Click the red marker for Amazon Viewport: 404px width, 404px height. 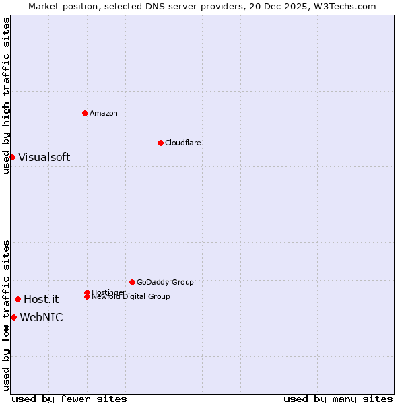[x=85, y=113]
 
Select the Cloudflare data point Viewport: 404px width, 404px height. [x=160, y=143]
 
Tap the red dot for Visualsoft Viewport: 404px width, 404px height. [x=12, y=157]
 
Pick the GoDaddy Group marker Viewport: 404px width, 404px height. [x=132, y=282]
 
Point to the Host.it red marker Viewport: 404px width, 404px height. [x=18, y=299]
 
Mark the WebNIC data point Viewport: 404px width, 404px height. [x=13, y=317]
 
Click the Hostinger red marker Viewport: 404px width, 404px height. [x=87, y=292]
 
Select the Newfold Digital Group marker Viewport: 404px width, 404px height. [x=87, y=296]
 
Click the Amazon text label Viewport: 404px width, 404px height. [x=104, y=113]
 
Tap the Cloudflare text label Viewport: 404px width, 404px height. [x=183, y=143]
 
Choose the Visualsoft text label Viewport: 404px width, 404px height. [x=44, y=157]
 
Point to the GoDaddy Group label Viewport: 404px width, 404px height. [x=165, y=282]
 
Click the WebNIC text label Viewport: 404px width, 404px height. [x=41, y=318]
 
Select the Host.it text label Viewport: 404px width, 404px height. [x=41, y=300]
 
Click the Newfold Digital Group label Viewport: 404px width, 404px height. [x=131, y=297]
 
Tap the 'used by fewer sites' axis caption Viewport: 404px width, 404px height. [x=69, y=399]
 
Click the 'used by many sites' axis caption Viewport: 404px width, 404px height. [x=338, y=399]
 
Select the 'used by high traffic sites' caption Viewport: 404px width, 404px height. [x=6, y=96]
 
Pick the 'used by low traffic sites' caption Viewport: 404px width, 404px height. [x=6, y=315]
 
